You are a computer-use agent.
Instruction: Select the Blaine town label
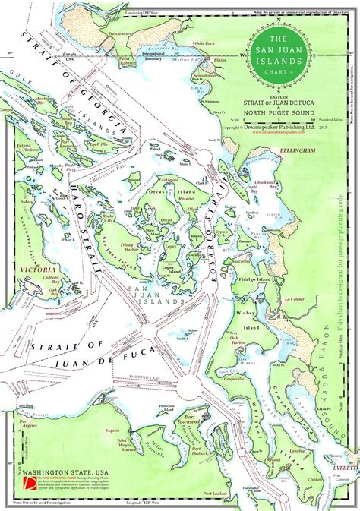[x=219, y=58]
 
